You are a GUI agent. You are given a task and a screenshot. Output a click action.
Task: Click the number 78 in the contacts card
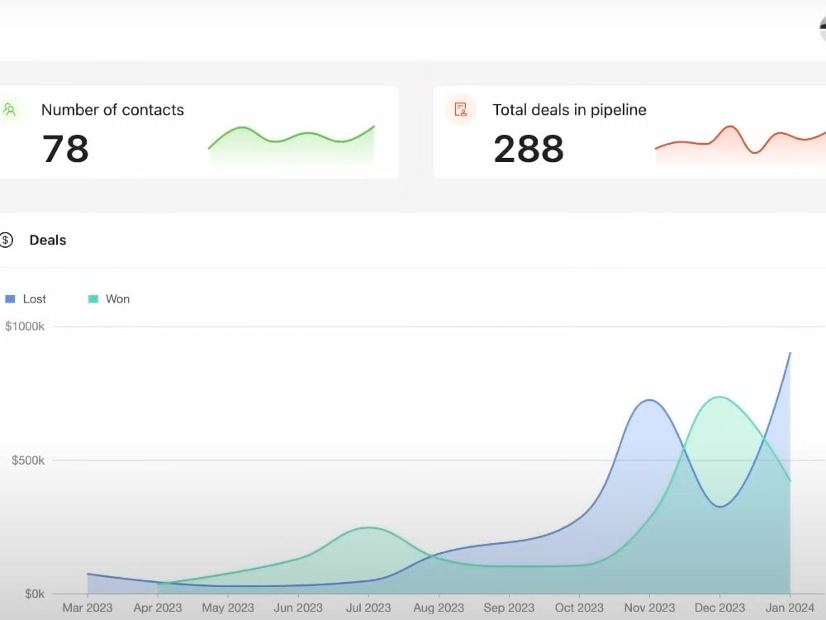[65, 148]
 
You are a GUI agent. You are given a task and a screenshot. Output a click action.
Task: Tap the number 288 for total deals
[529, 148]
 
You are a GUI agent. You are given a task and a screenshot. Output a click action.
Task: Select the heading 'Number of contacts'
[112, 110]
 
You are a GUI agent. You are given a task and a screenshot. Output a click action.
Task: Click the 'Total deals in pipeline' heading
[569, 110]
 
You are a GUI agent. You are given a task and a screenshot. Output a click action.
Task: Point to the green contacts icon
[9, 110]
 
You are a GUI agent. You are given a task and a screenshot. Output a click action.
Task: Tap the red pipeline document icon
[461, 110]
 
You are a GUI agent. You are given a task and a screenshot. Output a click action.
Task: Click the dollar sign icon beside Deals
[5, 241]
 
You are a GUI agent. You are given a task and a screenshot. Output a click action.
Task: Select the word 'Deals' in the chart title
[48, 241]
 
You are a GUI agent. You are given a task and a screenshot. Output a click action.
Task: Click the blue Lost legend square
[10, 299]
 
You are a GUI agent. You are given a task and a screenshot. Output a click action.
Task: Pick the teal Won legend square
[93, 299]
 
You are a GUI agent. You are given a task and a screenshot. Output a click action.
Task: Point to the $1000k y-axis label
[25, 327]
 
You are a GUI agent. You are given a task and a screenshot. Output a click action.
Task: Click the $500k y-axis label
[28, 460]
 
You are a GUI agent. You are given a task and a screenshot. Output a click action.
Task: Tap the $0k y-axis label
[35, 594]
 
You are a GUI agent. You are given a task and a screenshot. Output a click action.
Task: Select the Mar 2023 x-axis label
[88, 608]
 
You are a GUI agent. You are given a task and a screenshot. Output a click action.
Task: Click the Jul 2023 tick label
[368, 608]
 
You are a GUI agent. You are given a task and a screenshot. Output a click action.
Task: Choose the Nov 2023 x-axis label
[649, 608]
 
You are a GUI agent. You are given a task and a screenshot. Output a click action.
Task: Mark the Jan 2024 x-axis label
[790, 608]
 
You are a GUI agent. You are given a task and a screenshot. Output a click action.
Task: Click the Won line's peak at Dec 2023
[719, 397]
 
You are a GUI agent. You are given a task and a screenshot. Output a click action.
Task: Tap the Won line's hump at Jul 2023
[368, 527]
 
